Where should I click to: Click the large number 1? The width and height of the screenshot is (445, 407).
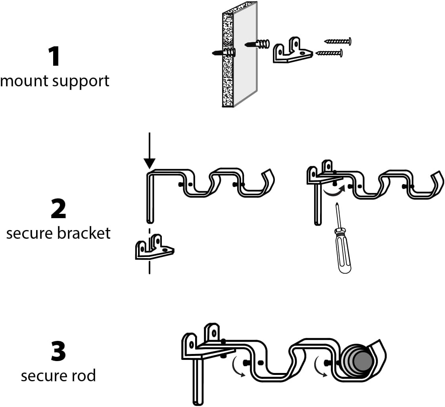coord(54,57)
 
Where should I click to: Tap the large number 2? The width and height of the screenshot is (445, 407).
coord(58,209)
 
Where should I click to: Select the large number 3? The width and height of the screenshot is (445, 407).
coord(58,352)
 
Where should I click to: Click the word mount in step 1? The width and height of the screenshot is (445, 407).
coord(26,81)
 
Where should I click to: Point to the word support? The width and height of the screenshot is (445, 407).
coord(82,82)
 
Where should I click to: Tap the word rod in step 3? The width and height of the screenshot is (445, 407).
coord(84,375)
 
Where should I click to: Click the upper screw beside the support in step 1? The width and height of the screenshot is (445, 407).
coord(338,41)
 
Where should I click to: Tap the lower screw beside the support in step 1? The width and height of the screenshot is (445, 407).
coord(329,53)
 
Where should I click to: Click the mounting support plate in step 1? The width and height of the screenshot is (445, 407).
coord(292,51)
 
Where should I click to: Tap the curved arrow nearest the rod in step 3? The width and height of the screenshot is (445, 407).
coord(318,366)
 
